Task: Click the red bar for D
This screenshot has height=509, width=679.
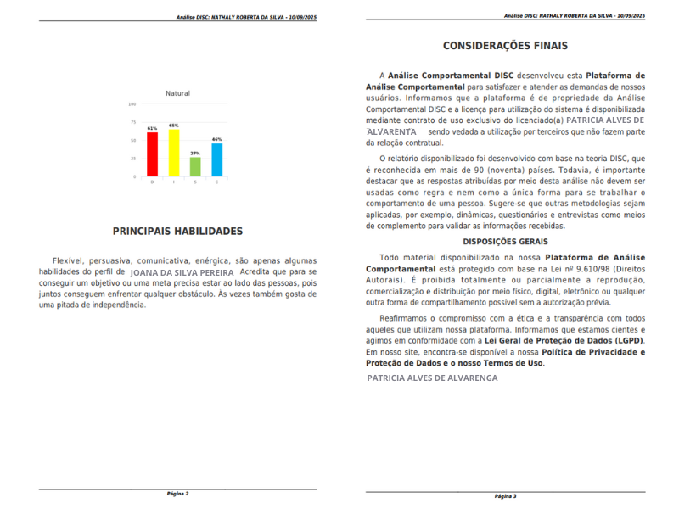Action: click(x=153, y=154)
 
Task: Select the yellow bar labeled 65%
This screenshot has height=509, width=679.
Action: click(x=174, y=153)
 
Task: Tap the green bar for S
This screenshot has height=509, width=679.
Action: click(x=195, y=166)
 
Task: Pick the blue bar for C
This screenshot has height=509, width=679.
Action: click(x=216, y=159)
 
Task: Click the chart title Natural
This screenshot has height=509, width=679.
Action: click(x=177, y=93)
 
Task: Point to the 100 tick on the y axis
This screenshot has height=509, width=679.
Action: click(x=132, y=104)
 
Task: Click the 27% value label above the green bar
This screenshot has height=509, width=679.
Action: click(x=195, y=153)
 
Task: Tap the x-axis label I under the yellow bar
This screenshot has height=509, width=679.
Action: click(x=174, y=182)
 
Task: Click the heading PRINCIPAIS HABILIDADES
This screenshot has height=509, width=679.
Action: click(x=177, y=231)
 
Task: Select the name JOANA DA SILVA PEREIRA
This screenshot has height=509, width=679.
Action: click(x=182, y=272)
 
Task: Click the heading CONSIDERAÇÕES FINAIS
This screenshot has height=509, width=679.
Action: click(x=505, y=46)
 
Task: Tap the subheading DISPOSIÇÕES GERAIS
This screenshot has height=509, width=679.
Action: click(x=505, y=242)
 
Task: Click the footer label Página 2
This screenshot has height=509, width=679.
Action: click(x=177, y=493)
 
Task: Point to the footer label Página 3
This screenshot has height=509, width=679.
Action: click(x=505, y=496)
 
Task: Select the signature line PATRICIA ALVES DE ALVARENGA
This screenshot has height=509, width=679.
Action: click(x=432, y=378)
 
